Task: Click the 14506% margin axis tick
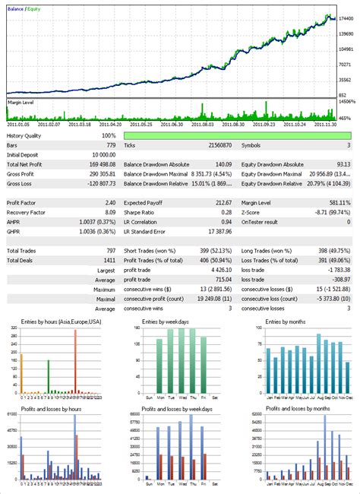click(x=348, y=101)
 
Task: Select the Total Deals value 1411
click(x=109, y=261)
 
